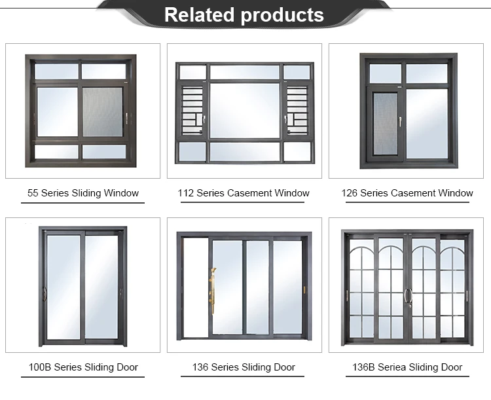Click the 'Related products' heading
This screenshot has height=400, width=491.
pos(244,15)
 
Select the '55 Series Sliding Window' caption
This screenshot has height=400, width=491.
pos(83,193)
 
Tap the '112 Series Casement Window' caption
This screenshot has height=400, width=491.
pos(244,193)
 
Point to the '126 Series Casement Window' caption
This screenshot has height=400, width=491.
pos(407,193)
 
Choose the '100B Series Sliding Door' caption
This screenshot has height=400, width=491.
pos(83,367)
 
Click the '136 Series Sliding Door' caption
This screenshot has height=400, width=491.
pos(244,367)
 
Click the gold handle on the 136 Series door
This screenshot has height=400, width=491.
pos(211,287)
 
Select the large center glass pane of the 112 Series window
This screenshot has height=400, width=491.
pos(244,110)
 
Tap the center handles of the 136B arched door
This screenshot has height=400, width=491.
pos(407,296)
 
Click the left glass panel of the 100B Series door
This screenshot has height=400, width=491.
pos(64,287)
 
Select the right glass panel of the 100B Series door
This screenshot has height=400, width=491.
pos(101,287)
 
